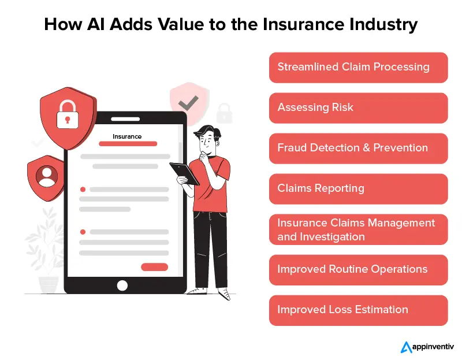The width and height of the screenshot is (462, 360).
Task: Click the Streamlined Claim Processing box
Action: click(x=358, y=67)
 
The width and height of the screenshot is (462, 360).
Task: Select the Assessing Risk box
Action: click(x=358, y=107)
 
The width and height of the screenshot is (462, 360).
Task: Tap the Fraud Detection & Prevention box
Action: click(x=358, y=148)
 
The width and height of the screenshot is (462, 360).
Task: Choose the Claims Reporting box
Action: click(x=358, y=188)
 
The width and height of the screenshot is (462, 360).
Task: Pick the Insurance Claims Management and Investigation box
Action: click(x=358, y=229)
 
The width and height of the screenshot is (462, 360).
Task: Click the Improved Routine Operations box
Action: click(x=358, y=269)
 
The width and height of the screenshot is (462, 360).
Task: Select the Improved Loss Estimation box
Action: click(x=358, y=310)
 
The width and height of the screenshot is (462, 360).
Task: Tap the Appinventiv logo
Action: click(x=427, y=347)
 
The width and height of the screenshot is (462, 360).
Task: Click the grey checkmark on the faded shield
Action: click(x=188, y=103)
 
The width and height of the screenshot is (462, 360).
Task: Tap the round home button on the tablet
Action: click(x=122, y=285)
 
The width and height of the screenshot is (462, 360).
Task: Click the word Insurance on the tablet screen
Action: click(x=127, y=137)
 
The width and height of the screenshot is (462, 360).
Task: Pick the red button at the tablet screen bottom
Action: click(x=154, y=267)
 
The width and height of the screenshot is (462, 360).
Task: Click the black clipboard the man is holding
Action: click(x=184, y=173)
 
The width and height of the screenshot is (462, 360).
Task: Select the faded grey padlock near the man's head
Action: click(x=223, y=112)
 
